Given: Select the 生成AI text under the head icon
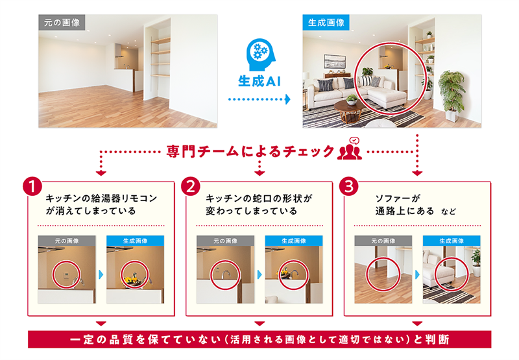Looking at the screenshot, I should click(x=258, y=82).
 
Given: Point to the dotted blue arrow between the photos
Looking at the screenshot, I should click(x=259, y=99).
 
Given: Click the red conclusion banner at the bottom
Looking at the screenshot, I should click(x=259, y=339).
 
